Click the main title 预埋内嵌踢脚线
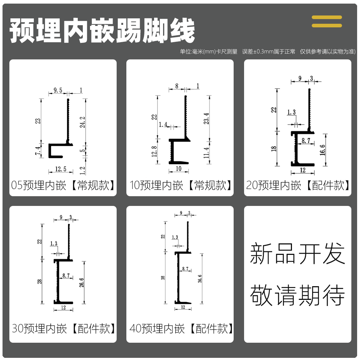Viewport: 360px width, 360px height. pos(102,31)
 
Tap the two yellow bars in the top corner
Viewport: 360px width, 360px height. pos(327,21)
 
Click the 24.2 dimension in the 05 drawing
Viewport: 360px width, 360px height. pos(82,122)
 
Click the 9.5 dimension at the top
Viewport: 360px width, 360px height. pos(58,90)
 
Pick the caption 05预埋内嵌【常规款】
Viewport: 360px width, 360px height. pos(63,186)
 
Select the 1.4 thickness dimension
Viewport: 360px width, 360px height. pos(163,124)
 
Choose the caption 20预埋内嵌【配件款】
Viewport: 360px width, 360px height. pos(298,186)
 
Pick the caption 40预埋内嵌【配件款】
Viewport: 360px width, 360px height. pos(181,328)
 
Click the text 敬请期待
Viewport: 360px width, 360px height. pos(297,295)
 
